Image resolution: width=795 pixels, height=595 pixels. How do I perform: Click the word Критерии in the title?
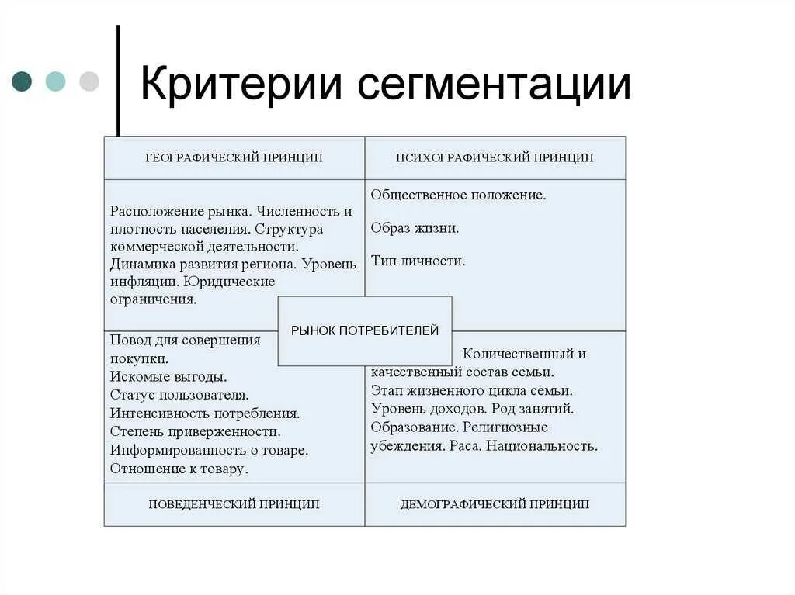(241, 83)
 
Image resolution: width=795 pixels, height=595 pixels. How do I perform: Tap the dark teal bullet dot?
(23, 81)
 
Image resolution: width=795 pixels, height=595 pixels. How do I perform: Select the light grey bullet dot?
(89, 81)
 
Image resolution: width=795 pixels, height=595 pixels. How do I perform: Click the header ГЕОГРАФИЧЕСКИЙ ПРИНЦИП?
(234, 157)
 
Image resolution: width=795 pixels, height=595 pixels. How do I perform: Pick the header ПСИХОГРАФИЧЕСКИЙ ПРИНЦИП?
(495, 157)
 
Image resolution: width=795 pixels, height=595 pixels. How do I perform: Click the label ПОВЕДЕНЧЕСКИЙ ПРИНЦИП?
(234, 504)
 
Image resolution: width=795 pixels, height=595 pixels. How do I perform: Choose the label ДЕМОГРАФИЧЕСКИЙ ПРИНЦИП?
(495, 504)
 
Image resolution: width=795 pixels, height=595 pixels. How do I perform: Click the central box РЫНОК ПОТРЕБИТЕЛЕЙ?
(364, 330)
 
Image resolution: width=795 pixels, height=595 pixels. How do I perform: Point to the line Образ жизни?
(415, 228)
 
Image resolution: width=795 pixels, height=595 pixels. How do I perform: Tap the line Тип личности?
(418, 261)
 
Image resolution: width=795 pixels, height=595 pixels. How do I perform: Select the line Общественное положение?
(458, 195)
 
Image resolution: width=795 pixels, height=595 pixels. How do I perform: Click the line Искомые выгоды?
(168, 376)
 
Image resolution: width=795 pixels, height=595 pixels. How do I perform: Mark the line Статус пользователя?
(179, 394)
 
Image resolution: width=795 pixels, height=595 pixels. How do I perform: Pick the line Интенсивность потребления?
(205, 413)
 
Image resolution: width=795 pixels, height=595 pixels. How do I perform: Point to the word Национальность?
(550, 446)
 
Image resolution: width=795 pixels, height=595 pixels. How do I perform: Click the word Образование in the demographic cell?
(413, 427)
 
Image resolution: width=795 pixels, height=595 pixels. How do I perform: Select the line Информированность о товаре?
(209, 450)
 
